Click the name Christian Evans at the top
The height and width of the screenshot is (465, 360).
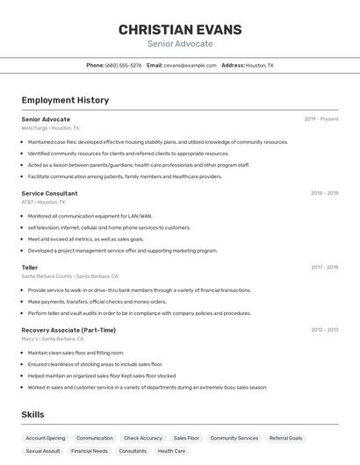coord(180,29)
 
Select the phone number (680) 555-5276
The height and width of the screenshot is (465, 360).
coord(123,66)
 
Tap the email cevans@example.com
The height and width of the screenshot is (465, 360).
coord(189,66)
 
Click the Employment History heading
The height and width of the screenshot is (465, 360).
coord(65,100)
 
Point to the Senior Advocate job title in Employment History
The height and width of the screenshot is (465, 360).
coord(46,118)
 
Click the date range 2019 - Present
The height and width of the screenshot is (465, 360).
coord(320,118)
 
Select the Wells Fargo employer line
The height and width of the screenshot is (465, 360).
coord(50,128)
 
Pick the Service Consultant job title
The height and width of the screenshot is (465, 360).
coord(49,193)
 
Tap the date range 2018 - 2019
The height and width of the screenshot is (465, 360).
coord(324,193)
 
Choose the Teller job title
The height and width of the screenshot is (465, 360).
coord(30,267)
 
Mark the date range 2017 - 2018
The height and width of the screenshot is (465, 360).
coord(324,267)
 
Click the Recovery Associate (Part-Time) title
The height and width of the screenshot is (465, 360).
coord(68,330)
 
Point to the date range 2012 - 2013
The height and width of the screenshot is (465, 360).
coord(324,330)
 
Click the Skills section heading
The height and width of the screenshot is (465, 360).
coord(32,414)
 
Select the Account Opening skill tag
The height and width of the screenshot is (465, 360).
coord(46,438)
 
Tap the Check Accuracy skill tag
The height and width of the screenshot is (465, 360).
coord(143,438)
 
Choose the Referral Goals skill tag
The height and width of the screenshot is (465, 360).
coord(285,438)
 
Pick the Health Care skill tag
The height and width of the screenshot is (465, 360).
coord(171,451)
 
